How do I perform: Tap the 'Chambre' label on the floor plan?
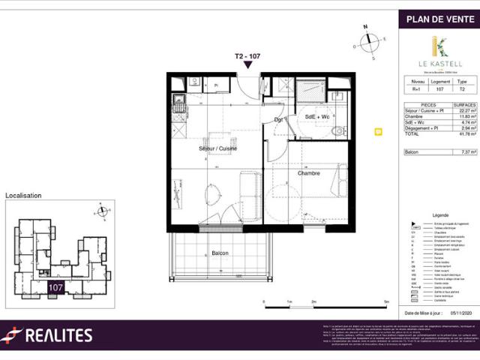click(308, 173)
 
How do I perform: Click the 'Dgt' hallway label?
click(278, 119)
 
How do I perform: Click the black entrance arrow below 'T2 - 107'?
click(248, 67)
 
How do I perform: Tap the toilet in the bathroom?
click(338, 132)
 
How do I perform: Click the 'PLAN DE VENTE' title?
click(438, 19)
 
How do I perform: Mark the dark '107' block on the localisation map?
click(55, 286)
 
